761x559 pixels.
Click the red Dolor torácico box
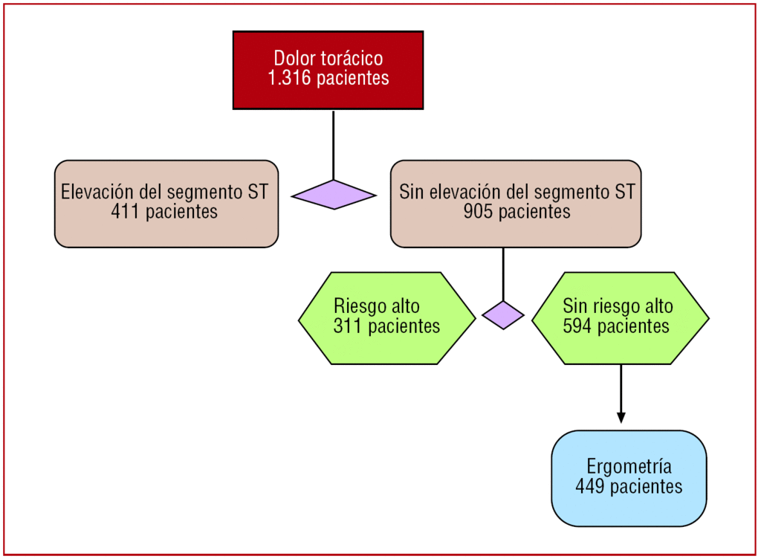coord(328,70)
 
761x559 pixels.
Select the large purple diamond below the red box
coord(334,195)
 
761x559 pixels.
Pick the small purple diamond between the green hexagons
coord(503,315)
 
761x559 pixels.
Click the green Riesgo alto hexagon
coord(386,318)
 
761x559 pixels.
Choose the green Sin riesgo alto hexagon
coord(621,318)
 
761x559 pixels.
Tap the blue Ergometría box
coord(629,478)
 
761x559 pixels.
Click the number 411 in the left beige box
coord(126,212)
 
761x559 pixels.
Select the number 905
coord(477,212)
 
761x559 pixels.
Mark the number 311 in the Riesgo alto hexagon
coord(349,326)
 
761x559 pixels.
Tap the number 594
coord(578,326)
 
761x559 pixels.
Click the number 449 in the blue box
coord(590,487)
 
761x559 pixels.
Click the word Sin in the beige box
coord(411,193)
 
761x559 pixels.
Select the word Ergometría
coord(629,467)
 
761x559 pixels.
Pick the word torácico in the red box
coord(353,59)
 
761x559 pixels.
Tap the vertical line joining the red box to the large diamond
coord(334,145)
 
